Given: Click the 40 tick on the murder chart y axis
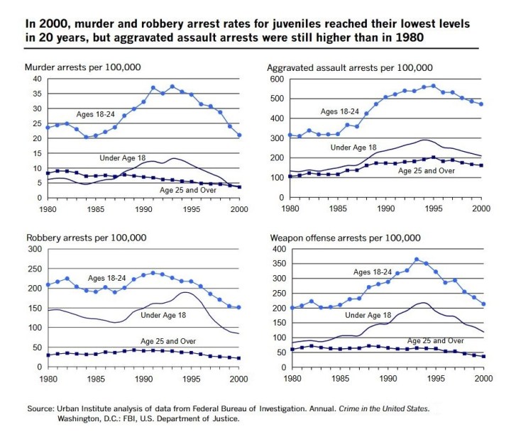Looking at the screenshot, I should point(37,78).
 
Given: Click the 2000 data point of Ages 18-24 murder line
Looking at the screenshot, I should point(239,135).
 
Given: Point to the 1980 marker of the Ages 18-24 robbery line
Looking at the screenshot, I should point(48,285).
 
